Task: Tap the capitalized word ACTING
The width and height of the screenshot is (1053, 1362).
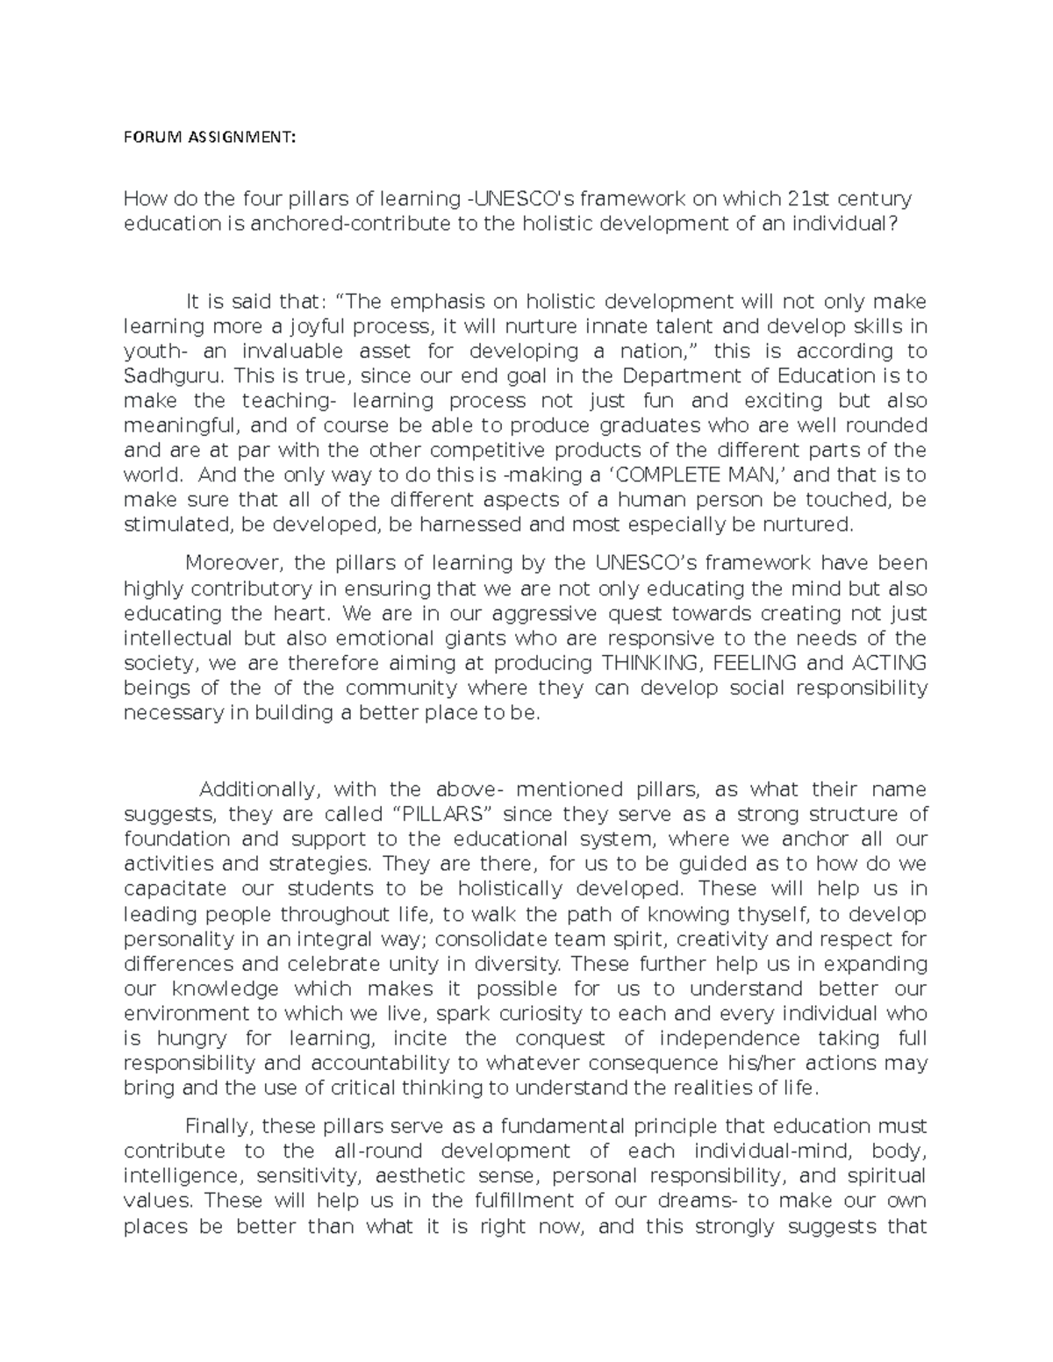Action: (x=886, y=663)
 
